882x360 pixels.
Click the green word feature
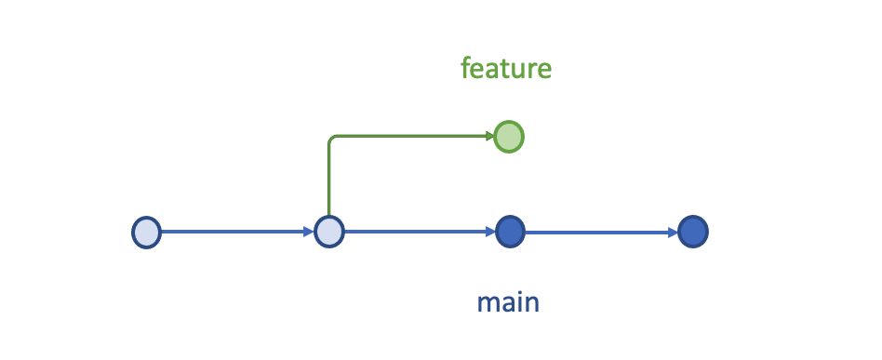coord(506,68)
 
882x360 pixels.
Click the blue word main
coord(508,302)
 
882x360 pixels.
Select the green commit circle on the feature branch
coord(509,137)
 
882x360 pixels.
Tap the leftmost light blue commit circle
coord(146,232)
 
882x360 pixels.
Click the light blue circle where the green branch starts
coord(328,232)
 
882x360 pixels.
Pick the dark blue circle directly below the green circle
coord(509,232)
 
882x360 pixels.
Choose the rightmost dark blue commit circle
coord(692,232)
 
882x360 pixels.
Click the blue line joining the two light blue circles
coord(233,232)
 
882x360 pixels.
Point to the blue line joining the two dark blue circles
coord(600,232)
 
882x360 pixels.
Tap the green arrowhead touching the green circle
coord(489,137)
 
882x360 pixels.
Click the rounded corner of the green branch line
coord(331,140)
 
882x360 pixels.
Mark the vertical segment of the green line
coord(328,181)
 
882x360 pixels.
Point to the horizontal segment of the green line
coord(409,137)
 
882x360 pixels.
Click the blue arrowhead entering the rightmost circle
coord(673,232)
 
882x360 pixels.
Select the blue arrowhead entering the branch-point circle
coord(309,232)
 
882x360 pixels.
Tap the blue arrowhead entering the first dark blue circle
coord(489,232)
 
